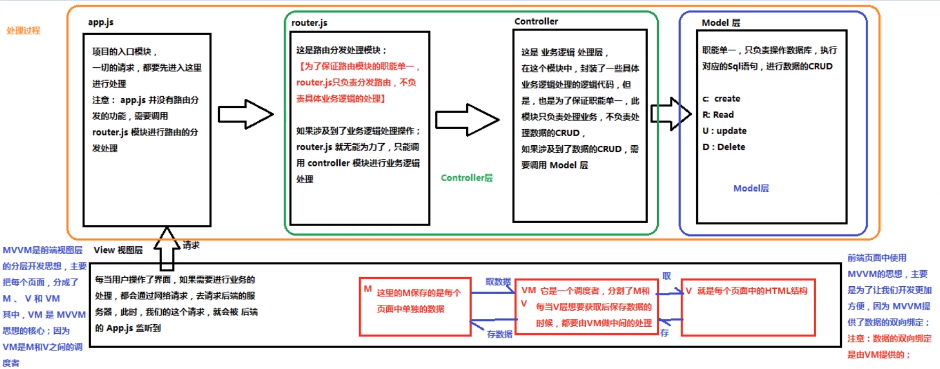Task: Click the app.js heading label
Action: pos(101,22)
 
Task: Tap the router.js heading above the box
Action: pos(309,23)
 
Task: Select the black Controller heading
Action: pos(536,21)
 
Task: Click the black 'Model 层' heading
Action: pos(721,22)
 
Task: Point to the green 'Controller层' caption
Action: pos(467,178)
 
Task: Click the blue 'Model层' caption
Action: pos(751,188)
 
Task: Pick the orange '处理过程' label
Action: pos(23,30)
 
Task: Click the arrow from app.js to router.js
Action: pos(246,114)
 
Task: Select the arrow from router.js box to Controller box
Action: pos(467,120)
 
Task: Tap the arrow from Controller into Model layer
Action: pos(671,114)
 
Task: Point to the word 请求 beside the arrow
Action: pos(191,245)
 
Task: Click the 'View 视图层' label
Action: pos(118,250)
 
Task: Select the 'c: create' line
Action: pos(721,99)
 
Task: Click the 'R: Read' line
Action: pos(718,115)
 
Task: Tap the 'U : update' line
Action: pos(724,131)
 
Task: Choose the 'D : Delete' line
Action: pos(724,147)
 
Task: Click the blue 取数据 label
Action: pos(498,281)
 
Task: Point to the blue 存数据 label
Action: pos(499,334)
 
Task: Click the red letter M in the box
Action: pos(368,289)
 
